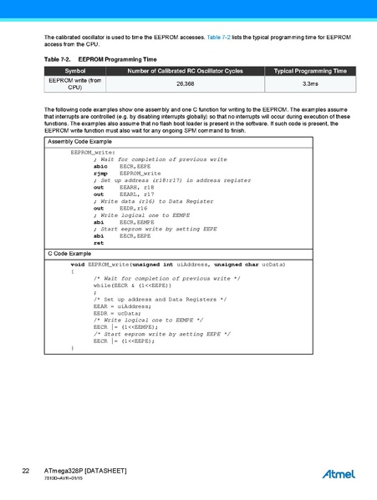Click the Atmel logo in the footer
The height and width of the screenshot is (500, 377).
(x=339, y=474)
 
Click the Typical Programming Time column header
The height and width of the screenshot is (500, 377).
(x=309, y=71)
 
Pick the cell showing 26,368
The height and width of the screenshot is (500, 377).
(x=185, y=83)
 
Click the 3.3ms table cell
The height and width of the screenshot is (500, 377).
(x=309, y=83)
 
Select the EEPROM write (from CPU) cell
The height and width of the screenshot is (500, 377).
(x=75, y=83)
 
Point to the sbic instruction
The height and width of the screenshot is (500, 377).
(x=99, y=167)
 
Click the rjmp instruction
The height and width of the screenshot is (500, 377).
(x=100, y=173)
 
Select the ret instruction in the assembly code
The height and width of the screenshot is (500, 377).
(x=99, y=243)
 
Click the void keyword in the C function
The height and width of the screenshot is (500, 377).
(x=78, y=264)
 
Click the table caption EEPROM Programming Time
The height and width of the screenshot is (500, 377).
(x=116, y=60)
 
